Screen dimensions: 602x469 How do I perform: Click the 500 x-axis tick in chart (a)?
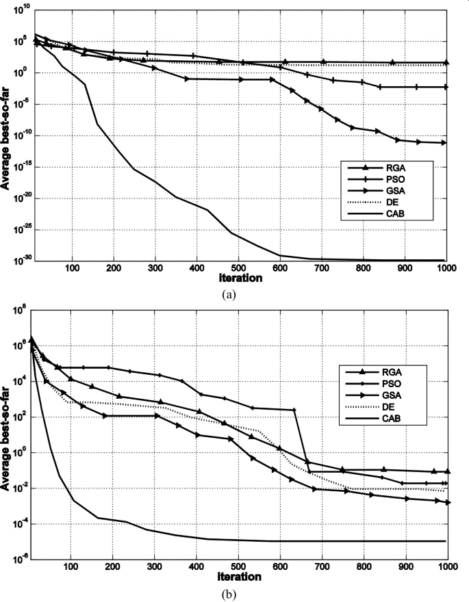tap(238, 268)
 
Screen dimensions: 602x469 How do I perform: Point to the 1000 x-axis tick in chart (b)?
tap(445, 568)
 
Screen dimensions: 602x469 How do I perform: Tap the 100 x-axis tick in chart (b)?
tap(71, 568)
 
